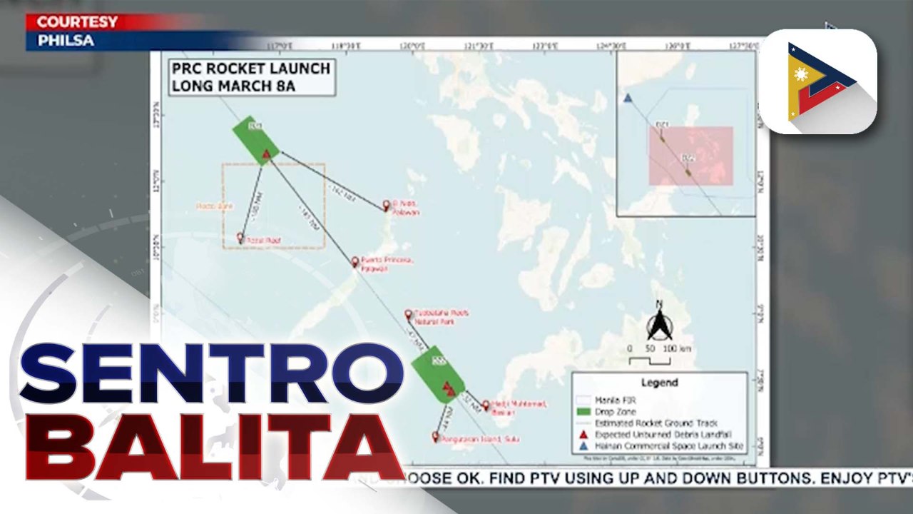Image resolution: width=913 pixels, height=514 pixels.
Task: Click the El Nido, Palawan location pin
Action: pos(387,204)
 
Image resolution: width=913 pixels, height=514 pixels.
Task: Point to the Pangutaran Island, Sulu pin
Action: pos(435,435)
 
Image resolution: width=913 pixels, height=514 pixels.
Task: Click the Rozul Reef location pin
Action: pos(240,238)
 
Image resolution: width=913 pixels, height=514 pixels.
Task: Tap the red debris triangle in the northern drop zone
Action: pos(266,153)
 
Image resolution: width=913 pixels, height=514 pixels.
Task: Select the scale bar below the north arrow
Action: pos(649,359)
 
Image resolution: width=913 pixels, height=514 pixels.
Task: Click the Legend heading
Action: pos(659,383)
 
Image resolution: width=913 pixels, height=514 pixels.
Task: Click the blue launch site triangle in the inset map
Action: pos(628,98)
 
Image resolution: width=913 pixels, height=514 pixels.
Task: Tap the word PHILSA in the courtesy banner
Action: pos(66,41)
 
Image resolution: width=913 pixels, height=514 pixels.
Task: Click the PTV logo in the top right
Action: pos(817,81)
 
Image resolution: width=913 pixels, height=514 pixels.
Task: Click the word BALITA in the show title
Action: pos(214,446)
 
